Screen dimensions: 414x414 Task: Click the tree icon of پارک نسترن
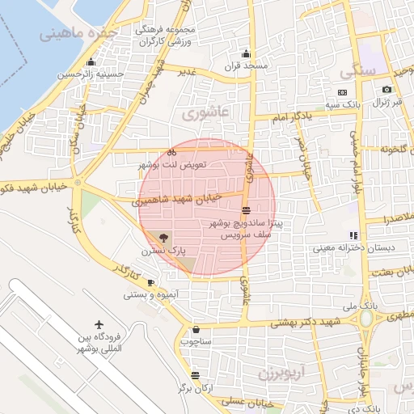click(163, 238)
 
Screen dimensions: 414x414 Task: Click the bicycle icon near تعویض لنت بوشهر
click(171, 151)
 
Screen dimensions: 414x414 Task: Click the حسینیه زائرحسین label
click(91, 74)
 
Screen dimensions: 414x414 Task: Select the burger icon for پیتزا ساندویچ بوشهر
click(246, 209)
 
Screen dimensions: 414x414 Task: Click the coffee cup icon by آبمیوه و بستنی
click(150, 282)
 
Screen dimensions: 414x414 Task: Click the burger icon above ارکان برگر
click(196, 375)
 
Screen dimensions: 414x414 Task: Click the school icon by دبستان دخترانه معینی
click(354, 235)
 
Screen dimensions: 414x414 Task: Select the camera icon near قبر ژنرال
click(387, 89)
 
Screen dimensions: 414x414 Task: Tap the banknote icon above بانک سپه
click(342, 93)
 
